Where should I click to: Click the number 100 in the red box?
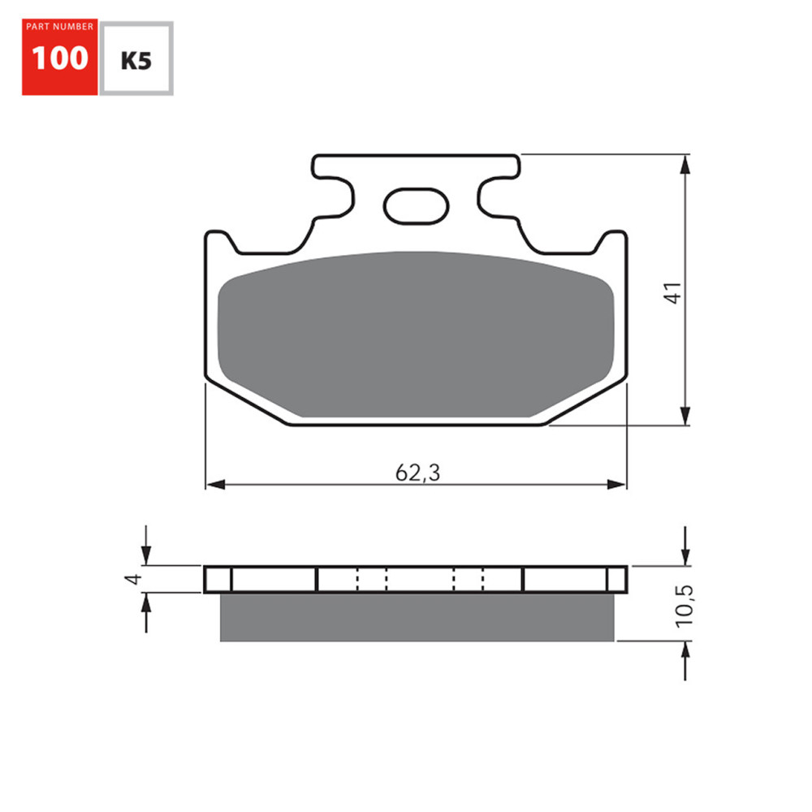pos(59,58)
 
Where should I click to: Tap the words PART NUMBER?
pos(59,27)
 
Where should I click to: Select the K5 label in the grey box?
pos(136,60)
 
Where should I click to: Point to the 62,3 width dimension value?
pos(417,473)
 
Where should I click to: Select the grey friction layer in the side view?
pos(417,617)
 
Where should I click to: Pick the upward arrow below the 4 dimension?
pos(146,603)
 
